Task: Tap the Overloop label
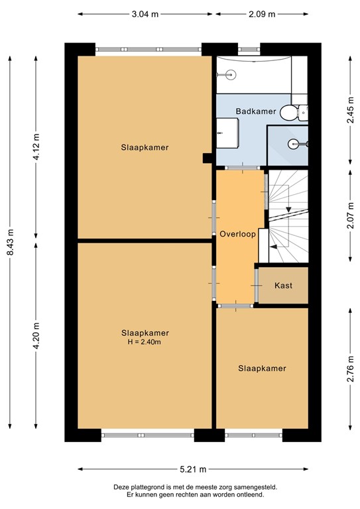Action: pyautogui.click(x=237, y=234)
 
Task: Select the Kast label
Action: pyautogui.click(x=283, y=285)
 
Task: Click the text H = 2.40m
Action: pyautogui.click(x=145, y=342)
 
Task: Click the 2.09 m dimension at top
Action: pyautogui.click(x=262, y=13)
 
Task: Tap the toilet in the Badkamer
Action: pyautogui.click(x=290, y=114)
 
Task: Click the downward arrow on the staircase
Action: pyautogui.click(x=288, y=210)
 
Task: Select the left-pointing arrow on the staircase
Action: pyautogui.click(x=272, y=245)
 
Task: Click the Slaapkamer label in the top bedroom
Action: pyautogui.click(x=145, y=147)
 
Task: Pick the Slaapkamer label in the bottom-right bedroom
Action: pyautogui.click(x=262, y=368)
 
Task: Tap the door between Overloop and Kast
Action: pyautogui.click(x=257, y=285)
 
